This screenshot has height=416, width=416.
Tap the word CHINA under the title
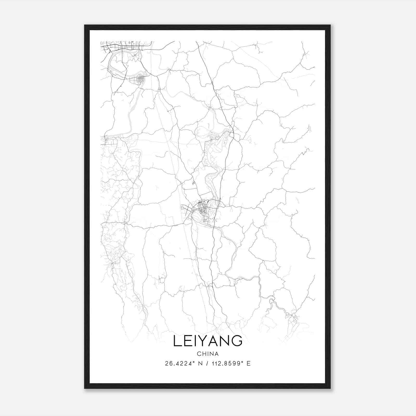pyautogui.click(x=207, y=354)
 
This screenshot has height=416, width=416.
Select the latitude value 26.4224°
pyautogui.click(x=179, y=363)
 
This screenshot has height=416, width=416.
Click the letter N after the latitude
pyautogui.click(x=200, y=363)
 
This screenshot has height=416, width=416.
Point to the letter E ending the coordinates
pyautogui.click(x=249, y=363)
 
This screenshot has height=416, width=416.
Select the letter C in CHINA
pyautogui.click(x=199, y=354)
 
